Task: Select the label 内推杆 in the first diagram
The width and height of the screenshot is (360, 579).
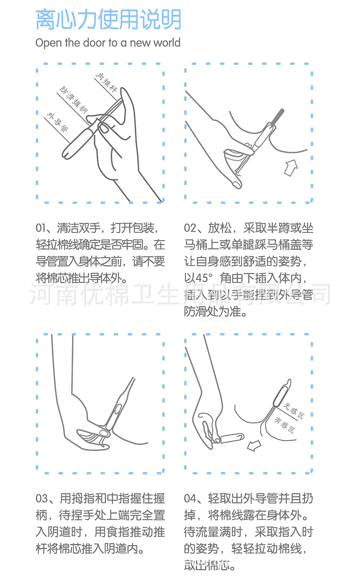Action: (x=106, y=82)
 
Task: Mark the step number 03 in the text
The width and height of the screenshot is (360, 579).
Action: (x=42, y=498)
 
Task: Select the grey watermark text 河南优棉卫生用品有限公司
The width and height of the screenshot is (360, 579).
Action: (x=180, y=293)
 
